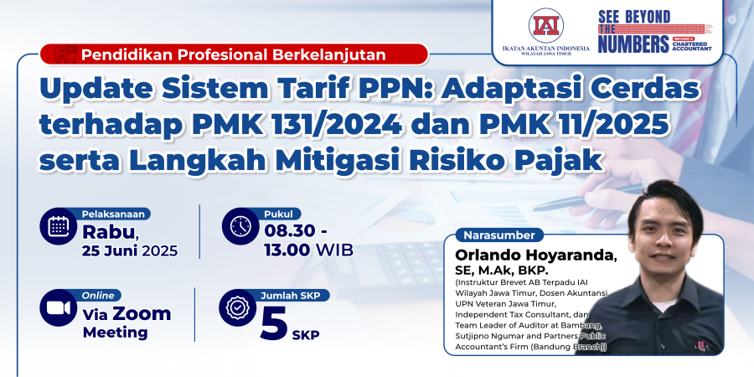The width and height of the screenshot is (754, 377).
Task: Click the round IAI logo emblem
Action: [545, 25]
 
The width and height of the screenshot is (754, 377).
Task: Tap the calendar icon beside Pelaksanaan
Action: [59, 226]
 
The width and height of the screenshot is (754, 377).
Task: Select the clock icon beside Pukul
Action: [240, 226]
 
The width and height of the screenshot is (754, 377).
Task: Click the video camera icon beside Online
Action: [59, 307]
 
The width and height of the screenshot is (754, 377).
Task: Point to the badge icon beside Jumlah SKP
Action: [238, 307]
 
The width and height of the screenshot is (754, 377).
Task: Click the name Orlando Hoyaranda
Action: [535, 255]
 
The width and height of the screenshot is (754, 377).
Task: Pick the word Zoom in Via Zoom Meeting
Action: [142, 313]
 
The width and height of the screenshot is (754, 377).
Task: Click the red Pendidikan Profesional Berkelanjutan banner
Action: [235, 54]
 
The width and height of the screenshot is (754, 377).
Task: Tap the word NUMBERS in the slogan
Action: [633, 44]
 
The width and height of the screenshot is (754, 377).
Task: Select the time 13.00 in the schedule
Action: [287, 250]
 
